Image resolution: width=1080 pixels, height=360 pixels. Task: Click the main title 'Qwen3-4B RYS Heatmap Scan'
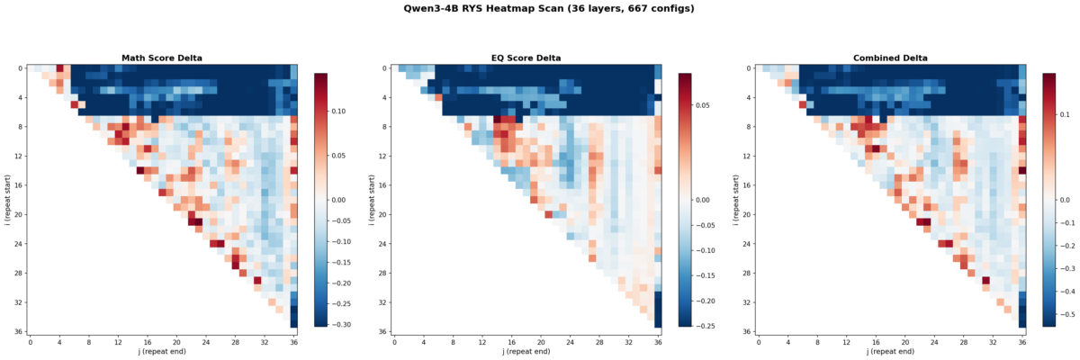tap(539, 9)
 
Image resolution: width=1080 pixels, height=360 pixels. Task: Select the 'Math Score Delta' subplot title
tap(162, 58)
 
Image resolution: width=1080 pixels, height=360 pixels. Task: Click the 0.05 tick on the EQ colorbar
tap(710, 105)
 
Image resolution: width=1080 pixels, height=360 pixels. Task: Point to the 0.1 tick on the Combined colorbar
tap(1071, 115)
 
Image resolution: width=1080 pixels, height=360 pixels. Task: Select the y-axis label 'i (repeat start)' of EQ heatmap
tap(372, 199)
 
